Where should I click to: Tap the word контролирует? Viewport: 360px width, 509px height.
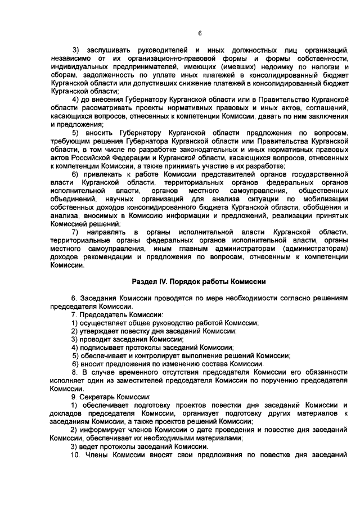click(162, 355)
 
